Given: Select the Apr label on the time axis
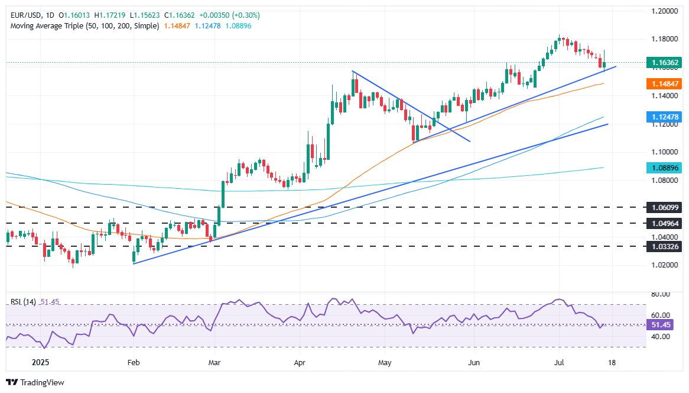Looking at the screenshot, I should (x=300, y=363).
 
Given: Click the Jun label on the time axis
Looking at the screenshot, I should (x=473, y=363).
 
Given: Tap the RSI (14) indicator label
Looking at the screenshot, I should (x=23, y=302).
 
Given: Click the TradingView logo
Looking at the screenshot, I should (x=35, y=382).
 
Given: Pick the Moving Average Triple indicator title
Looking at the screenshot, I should (x=82, y=27).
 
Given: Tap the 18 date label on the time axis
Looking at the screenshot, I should (x=612, y=363).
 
